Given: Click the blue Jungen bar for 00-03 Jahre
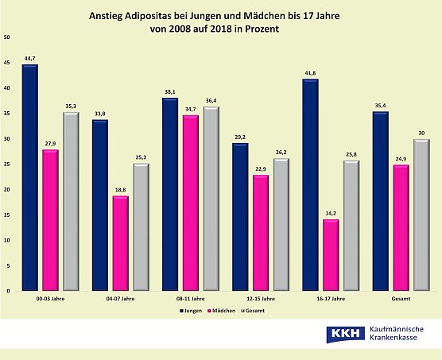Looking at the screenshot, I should (x=30, y=178).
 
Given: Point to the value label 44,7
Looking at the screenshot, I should (x=30, y=57).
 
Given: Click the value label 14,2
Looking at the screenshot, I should (x=331, y=212).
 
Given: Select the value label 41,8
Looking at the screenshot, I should (x=311, y=72).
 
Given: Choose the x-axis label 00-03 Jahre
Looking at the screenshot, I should (x=51, y=300).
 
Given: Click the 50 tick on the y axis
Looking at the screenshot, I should (x=7, y=37).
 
